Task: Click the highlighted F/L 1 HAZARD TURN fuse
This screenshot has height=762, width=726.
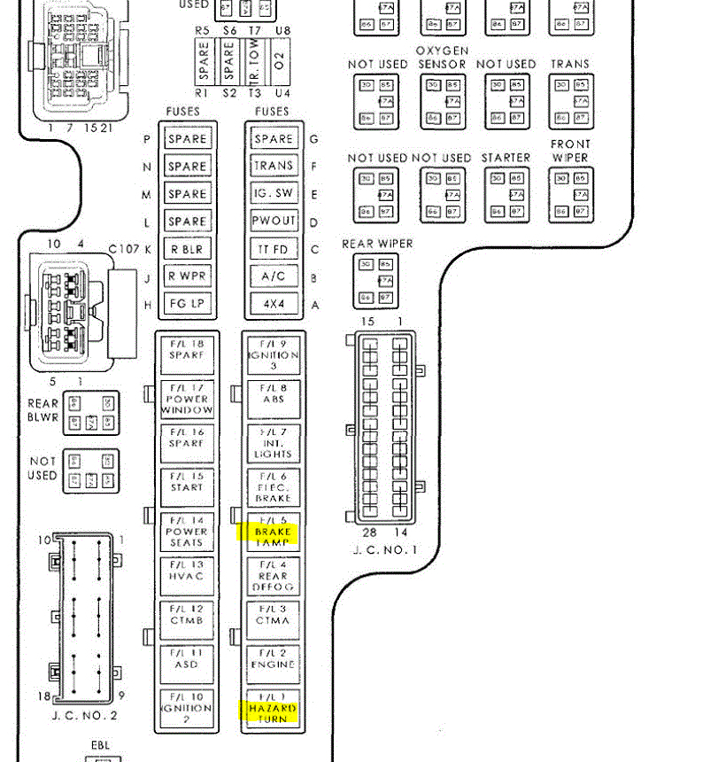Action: point(273,708)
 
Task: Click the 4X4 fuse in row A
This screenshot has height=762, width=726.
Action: point(274,304)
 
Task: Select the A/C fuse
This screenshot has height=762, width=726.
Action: point(274,276)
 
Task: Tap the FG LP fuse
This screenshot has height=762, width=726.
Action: point(188,304)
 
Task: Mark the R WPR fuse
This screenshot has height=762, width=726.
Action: point(188,276)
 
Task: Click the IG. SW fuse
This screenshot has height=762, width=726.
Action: point(274,194)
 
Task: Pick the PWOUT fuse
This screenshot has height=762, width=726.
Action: point(274,222)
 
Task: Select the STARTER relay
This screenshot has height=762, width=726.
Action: point(506,193)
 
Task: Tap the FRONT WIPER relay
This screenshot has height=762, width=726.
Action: point(571,193)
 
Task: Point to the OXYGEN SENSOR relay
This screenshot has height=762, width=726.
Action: point(442,99)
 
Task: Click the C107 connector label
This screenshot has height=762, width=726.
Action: point(124,249)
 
